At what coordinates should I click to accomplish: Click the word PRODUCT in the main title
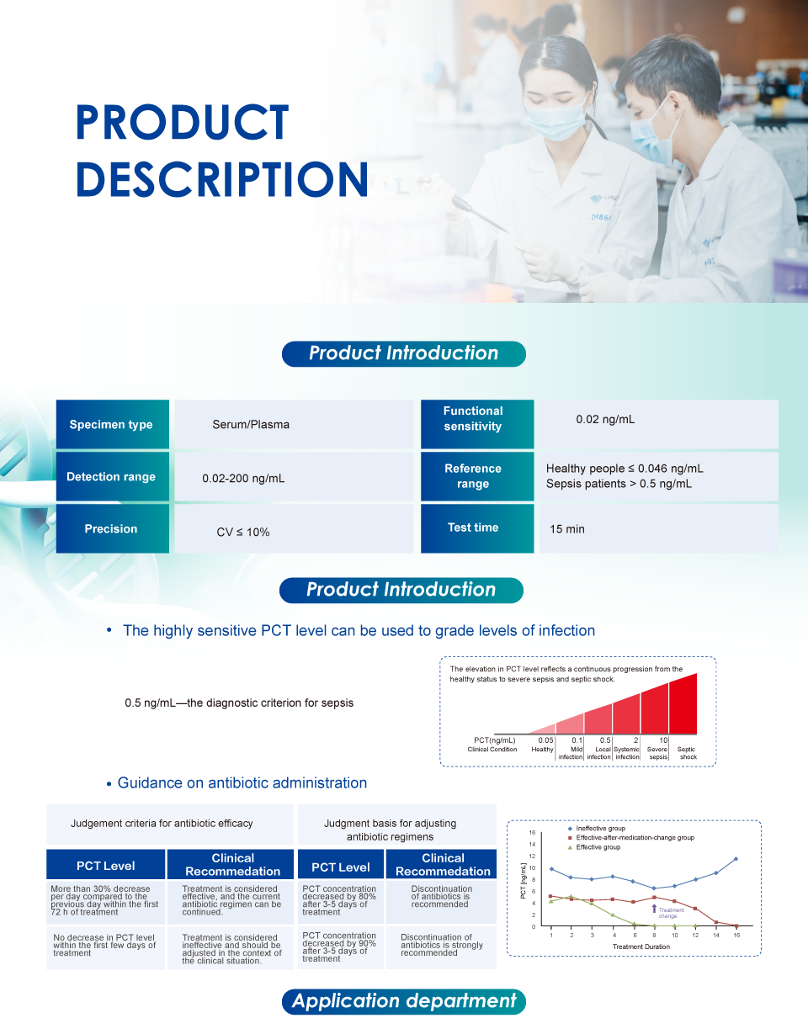[x=183, y=122]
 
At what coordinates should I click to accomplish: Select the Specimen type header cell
[x=112, y=424]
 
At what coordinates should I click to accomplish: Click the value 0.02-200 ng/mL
[x=243, y=478]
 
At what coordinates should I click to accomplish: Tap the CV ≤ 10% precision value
[x=242, y=532]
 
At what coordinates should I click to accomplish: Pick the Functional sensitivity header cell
[x=477, y=424]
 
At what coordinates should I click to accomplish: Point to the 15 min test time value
[x=566, y=529]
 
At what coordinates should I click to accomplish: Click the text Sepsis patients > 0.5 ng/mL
[x=619, y=484]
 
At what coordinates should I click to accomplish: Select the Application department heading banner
[x=403, y=1000]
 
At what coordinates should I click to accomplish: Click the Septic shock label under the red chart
[x=686, y=753]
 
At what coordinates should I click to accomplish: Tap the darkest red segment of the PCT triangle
[x=683, y=706]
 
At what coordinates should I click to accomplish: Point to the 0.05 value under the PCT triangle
[x=545, y=740]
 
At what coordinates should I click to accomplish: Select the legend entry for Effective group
[x=594, y=847]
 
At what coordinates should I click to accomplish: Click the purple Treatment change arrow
[x=654, y=909]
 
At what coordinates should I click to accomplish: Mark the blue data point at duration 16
[x=736, y=859]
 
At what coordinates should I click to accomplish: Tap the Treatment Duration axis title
[x=641, y=947]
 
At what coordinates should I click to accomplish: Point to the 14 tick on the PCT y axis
[x=532, y=844]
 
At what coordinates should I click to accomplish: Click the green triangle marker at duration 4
[x=614, y=915]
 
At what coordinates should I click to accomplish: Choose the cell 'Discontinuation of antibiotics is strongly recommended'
[x=442, y=945]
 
